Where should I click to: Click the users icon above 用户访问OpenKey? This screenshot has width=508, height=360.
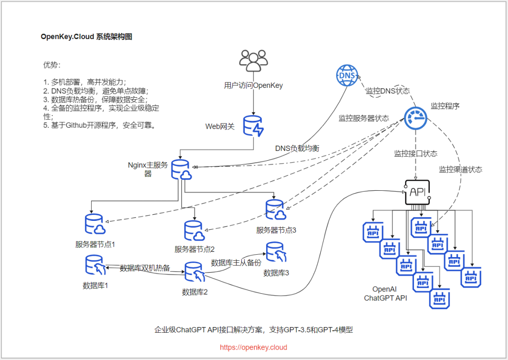pyautogui.click(x=253, y=60)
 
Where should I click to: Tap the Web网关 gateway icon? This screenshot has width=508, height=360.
pyautogui.click(x=254, y=126)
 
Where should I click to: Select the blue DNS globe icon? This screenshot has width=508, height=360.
pyautogui.click(x=347, y=76)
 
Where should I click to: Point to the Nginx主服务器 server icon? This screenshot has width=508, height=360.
pyautogui.click(x=181, y=170)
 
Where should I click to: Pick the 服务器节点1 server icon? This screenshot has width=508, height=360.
pyautogui.click(x=95, y=225)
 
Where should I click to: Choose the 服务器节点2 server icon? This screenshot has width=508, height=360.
pyautogui.click(x=194, y=230)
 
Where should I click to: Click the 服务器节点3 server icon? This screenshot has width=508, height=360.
pyautogui.click(x=276, y=210)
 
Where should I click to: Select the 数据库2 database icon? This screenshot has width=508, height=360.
pyautogui.click(x=194, y=272)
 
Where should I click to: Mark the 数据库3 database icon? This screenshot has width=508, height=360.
pyautogui.click(x=276, y=253)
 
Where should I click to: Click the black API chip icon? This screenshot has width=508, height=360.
pyautogui.click(x=418, y=192)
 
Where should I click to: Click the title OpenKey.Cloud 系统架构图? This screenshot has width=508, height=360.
pyautogui.click(x=87, y=37)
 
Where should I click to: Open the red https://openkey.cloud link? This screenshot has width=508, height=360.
pyautogui.click(x=254, y=348)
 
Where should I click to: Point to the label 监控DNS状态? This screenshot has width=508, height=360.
pyautogui.click(x=388, y=91)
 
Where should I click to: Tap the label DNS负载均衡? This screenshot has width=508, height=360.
pyautogui.click(x=297, y=148)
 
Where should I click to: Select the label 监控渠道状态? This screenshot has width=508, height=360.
pyautogui.click(x=460, y=169)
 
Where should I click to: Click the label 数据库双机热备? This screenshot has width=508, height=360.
pyautogui.click(x=145, y=268)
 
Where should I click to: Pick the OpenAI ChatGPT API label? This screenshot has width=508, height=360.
pyautogui.click(x=386, y=294)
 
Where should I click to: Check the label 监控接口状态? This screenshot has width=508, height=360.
pyautogui.click(x=415, y=154)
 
